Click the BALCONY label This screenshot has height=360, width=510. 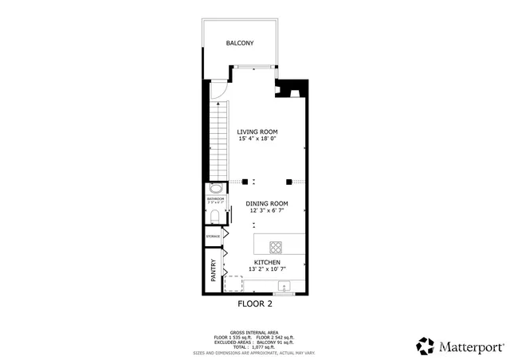tap(239, 43)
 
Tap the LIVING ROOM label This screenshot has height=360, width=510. tap(257, 131)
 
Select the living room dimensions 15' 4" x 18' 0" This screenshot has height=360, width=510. tap(257, 139)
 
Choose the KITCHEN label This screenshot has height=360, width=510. tap(267, 262)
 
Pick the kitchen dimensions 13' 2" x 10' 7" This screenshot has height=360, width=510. tap(267, 270)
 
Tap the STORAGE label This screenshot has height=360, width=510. tap(213, 237)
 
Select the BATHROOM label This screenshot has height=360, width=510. tap(214, 200)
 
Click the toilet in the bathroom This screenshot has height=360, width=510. tap(213, 213)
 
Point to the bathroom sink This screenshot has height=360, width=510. tap(215, 190)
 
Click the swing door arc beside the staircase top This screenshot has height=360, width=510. tap(219, 90)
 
